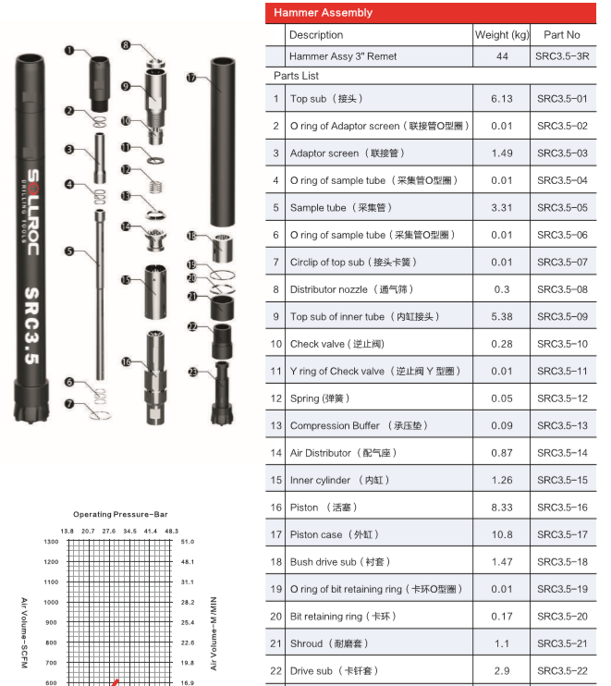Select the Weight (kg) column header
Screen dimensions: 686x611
pyautogui.click(x=502, y=35)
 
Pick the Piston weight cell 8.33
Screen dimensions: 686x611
pyautogui.click(x=502, y=508)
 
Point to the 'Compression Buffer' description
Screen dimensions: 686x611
pyautogui.click(x=335, y=425)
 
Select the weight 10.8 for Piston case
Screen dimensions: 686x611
pyautogui.click(x=502, y=534)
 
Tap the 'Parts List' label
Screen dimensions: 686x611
pyautogui.click(x=296, y=75)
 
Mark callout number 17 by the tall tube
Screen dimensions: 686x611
pyautogui.click(x=191, y=79)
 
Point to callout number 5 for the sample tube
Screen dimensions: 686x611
pyautogui.click(x=69, y=251)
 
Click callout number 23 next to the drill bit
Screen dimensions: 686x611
pyautogui.click(x=192, y=371)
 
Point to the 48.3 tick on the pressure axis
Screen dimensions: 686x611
pyautogui.click(x=171, y=532)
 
